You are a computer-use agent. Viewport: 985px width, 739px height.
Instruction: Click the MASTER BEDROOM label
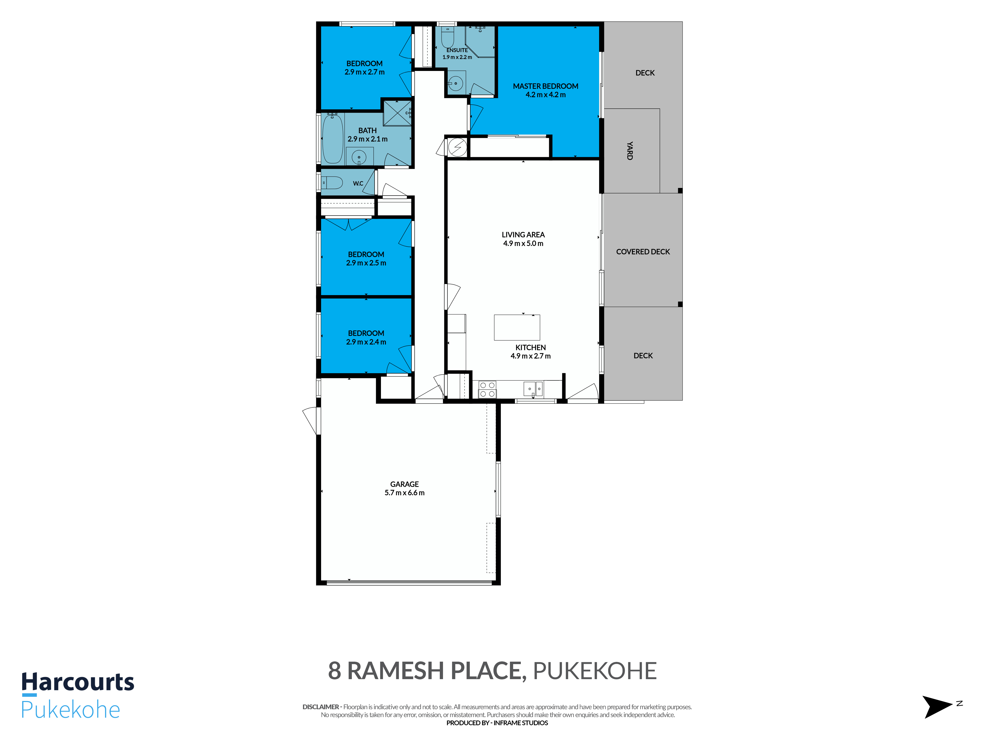tap(545, 86)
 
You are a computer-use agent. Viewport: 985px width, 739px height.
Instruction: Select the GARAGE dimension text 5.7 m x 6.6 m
tap(404, 493)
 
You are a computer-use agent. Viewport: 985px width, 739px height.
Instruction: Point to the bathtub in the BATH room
tap(332, 138)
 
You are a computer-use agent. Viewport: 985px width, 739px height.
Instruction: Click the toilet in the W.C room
tap(332, 183)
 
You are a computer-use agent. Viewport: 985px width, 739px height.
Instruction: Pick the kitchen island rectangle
tap(517, 327)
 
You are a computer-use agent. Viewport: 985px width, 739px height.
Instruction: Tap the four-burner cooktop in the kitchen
tap(487, 389)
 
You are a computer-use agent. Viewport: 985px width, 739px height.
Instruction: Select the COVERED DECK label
tap(642, 252)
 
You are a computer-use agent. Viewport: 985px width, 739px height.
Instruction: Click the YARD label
tap(630, 151)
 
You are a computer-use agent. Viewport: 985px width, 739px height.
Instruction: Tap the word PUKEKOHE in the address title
tap(595, 671)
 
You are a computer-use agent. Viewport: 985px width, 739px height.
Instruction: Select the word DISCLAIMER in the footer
tap(321, 707)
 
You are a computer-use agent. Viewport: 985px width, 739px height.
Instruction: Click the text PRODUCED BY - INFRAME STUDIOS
tap(497, 723)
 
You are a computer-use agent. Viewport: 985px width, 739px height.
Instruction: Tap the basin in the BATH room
tap(359, 157)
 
